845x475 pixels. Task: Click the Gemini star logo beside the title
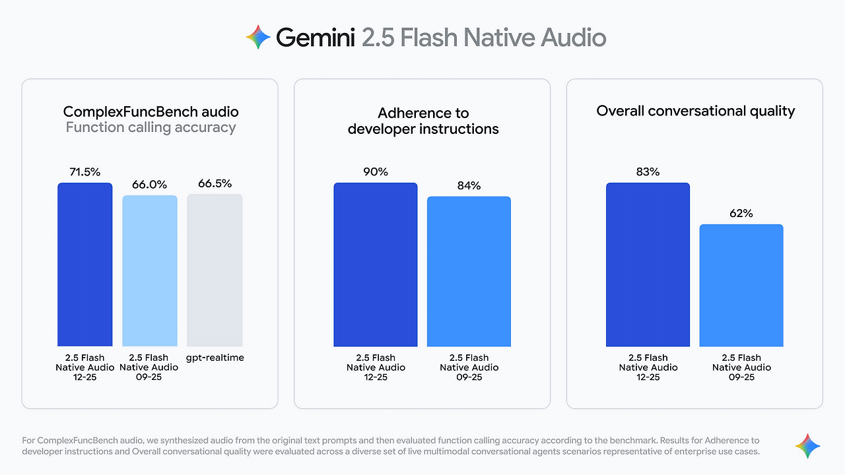point(258,38)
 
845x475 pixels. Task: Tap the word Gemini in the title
point(316,38)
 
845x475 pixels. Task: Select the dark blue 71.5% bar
point(85,264)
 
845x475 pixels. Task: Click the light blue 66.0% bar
point(150,270)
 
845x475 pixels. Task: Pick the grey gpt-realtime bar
point(215,270)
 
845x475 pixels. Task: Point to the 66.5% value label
point(215,183)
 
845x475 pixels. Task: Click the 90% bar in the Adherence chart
point(376,264)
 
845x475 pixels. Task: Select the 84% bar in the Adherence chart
point(469,271)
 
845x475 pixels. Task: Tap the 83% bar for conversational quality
point(648,264)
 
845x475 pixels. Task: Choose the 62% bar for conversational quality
point(741,285)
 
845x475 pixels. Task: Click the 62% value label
point(741,214)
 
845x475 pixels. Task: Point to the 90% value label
point(376,172)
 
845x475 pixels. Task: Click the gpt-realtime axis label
point(215,358)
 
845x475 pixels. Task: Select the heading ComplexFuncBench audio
point(151,111)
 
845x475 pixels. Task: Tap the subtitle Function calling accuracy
point(151,127)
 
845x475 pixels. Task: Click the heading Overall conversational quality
point(695,111)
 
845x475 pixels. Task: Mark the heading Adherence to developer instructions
point(422,121)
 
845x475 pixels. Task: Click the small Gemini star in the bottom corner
point(807,446)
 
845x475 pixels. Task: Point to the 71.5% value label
point(85,172)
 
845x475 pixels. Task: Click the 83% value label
point(648,172)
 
